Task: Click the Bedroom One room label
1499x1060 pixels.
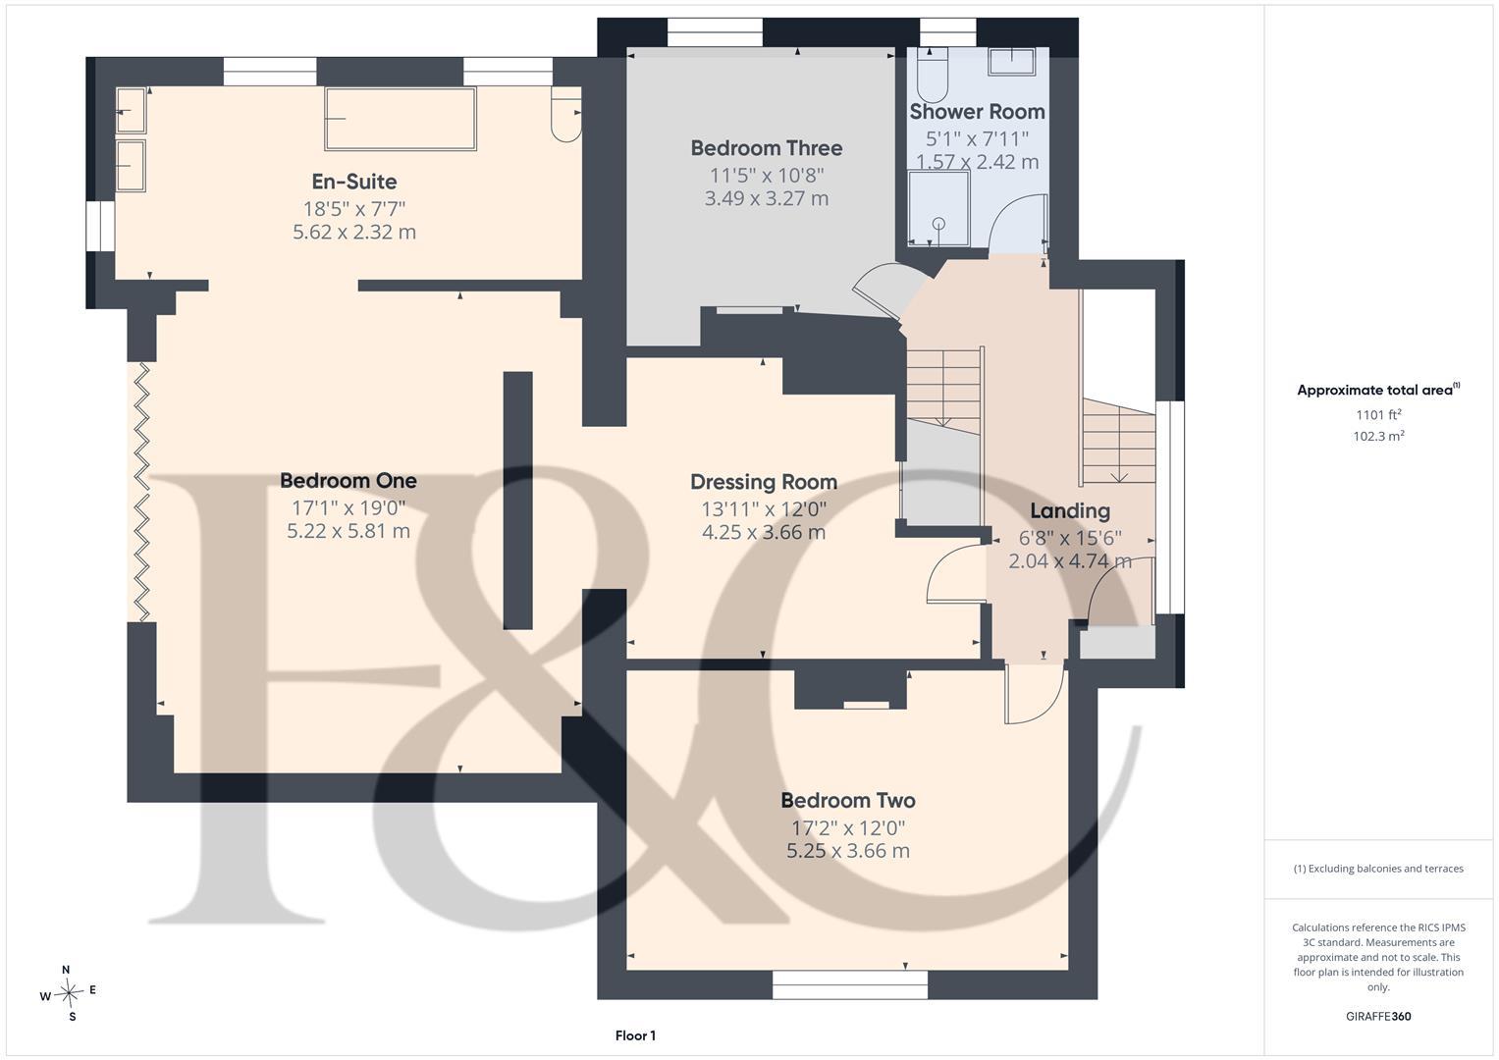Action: point(348,481)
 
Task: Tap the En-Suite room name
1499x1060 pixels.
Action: point(354,182)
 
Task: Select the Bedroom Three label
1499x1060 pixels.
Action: point(767,148)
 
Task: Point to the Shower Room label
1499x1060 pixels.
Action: point(977,111)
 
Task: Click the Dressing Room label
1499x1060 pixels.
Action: point(764,482)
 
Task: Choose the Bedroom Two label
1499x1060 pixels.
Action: point(848,800)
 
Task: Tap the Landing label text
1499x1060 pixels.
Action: point(1070,511)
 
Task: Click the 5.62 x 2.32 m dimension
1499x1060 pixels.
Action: point(354,233)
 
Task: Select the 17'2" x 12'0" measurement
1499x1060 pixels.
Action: point(848,828)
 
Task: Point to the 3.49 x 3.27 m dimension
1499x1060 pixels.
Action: point(767,198)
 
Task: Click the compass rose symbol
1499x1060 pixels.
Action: point(69,993)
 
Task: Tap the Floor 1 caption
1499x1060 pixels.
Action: point(635,1035)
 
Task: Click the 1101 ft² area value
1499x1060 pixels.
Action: point(1378,415)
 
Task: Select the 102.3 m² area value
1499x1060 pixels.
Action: point(1378,437)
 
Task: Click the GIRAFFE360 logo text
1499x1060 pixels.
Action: point(1378,1016)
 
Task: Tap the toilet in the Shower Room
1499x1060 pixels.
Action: point(933,74)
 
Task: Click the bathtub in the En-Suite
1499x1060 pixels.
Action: point(401,119)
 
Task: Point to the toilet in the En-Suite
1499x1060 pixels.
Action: point(566,115)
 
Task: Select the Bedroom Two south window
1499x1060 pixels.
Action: point(850,984)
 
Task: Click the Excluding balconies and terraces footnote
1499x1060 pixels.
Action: point(1378,869)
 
